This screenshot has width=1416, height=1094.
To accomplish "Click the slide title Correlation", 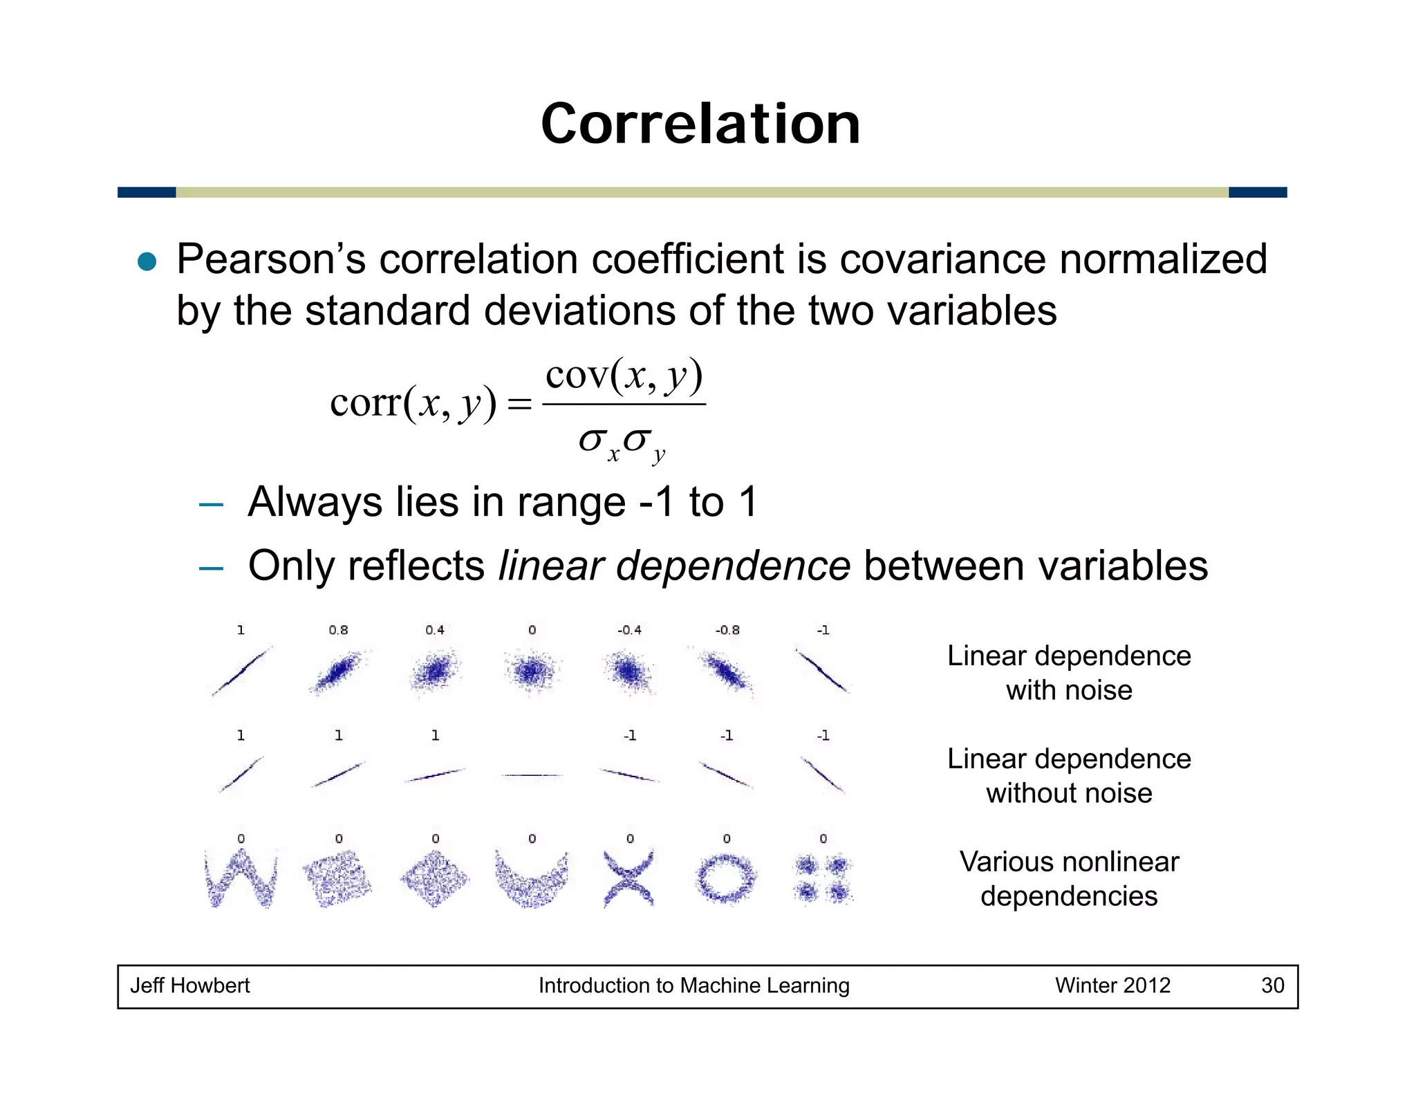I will pos(700,124).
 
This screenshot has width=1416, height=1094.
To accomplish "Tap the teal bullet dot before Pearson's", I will pos(147,261).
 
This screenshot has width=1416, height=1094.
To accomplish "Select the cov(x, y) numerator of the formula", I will pos(624,376).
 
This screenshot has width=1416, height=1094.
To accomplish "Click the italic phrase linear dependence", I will pos(674,566).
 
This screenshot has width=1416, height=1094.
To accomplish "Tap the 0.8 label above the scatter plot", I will pos(338,630).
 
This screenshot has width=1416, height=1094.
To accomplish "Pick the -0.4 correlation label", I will pos(629,630).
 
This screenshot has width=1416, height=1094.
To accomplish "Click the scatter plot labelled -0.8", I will pos(726,671).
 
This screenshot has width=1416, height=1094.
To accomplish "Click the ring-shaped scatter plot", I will pos(726,878).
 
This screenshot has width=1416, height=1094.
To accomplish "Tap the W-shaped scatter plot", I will pos(241,878).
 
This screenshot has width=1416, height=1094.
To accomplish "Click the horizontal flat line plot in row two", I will pos(532,775).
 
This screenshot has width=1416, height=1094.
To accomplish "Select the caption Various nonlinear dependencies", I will pos(1069,879).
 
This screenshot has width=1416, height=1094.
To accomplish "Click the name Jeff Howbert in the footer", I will pos(190,985).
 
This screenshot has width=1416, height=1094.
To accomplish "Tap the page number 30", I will pos(1272,985).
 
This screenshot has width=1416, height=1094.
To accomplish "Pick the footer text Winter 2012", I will pos(1112,985).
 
